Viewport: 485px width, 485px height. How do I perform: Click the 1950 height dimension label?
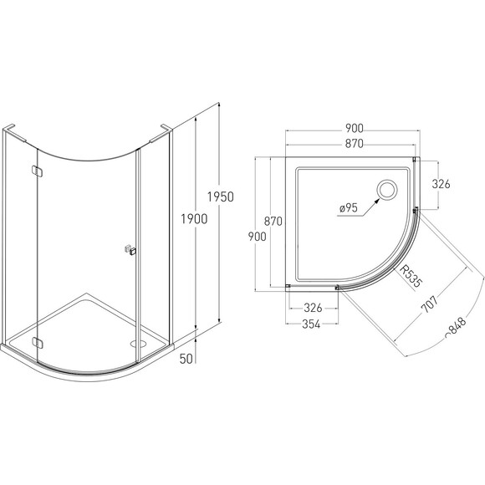point(220,197)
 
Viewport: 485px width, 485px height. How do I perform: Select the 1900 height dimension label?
point(194,219)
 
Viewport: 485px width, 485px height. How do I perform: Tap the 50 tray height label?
point(186,359)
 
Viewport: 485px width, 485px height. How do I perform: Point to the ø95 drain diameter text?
point(349,208)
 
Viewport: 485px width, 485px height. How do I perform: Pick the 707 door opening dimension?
point(429,304)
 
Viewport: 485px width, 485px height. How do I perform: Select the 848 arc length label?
point(455,327)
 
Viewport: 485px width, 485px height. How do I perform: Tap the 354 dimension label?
point(311,324)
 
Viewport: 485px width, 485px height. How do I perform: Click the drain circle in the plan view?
point(386,190)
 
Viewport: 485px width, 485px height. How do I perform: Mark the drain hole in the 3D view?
point(140,344)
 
